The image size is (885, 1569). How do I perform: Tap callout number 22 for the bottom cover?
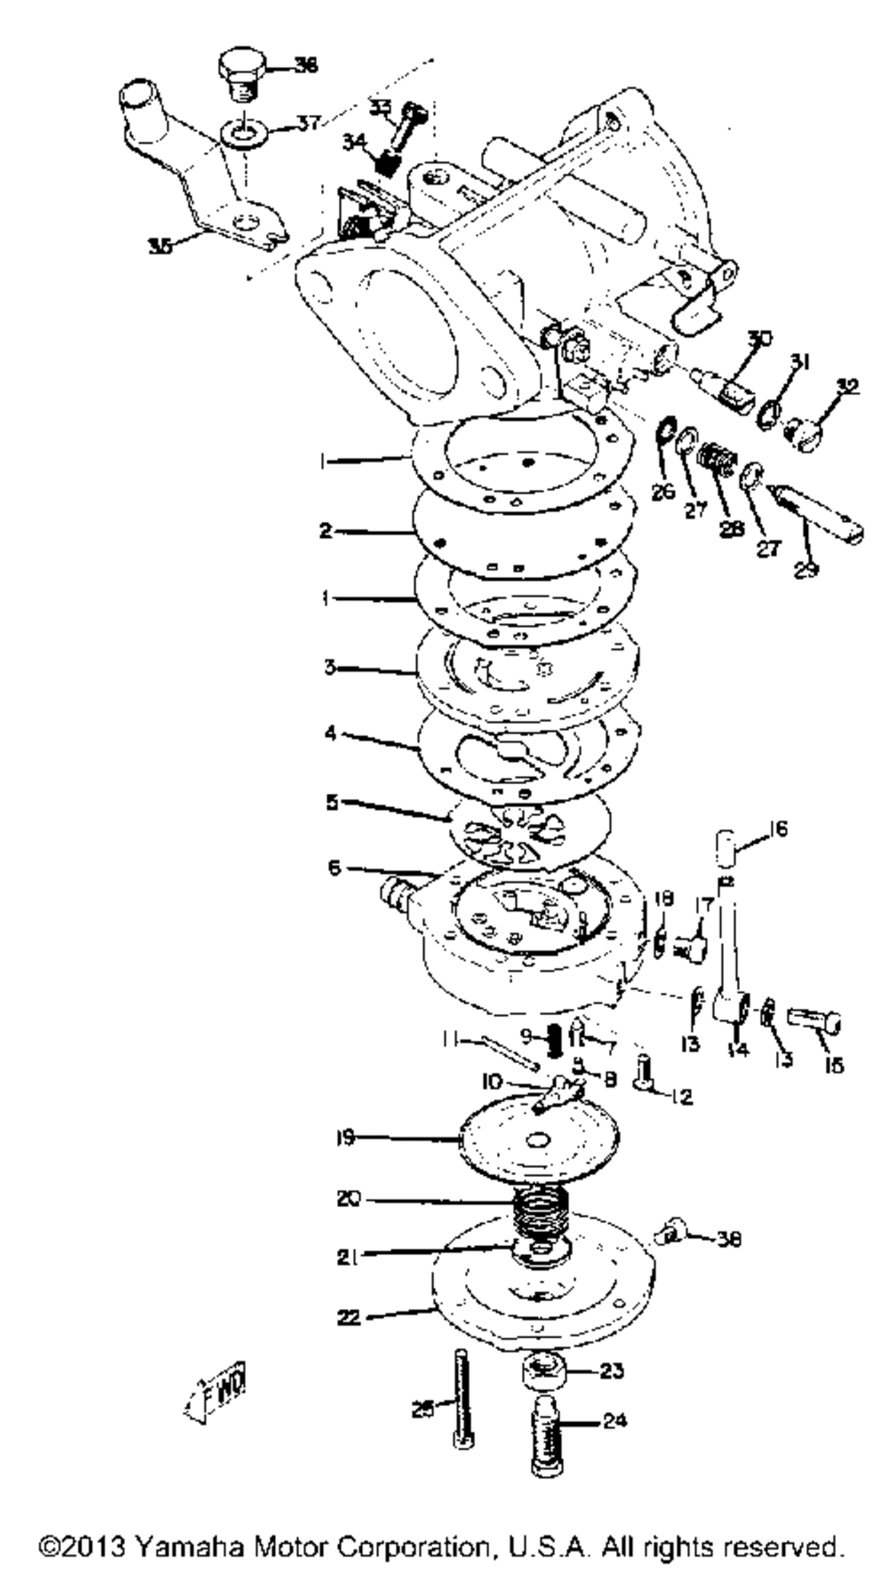[350, 1318]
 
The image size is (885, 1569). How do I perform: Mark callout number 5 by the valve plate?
[332, 802]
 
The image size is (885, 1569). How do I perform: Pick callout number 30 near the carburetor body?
[760, 338]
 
